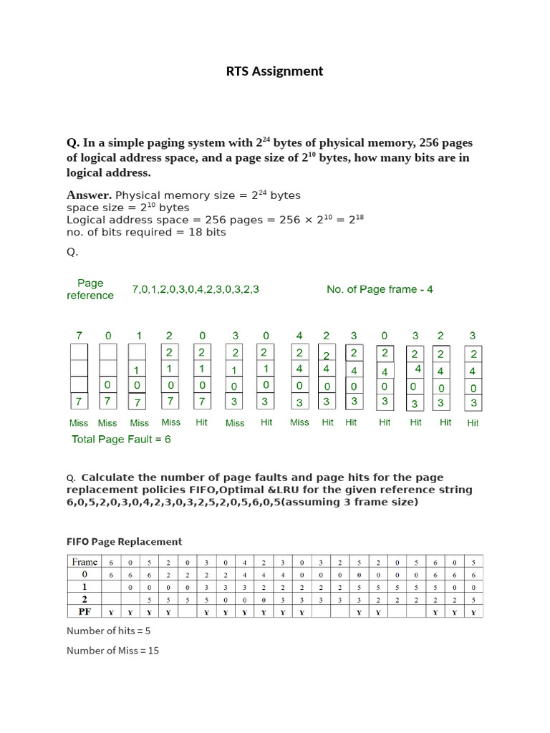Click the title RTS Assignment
point(274,71)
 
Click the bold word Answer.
point(89,195)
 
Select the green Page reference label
point(90,289)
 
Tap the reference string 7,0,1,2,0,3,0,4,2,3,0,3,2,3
point(196,289)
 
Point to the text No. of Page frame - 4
point(380,289)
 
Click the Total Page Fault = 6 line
point(121,439)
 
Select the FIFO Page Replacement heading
point(124,541)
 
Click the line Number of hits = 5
point(108,631)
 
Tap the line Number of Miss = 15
point(112,651)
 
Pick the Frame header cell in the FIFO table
point(84,562)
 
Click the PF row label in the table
point(84,611)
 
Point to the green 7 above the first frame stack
point(79,336)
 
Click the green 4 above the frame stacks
point(299,336)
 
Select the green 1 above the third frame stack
point(139,336)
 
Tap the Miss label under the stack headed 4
point(299,422)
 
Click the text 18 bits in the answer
point(207,232)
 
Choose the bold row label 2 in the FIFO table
point(84,599)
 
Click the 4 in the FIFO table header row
point(246,562)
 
